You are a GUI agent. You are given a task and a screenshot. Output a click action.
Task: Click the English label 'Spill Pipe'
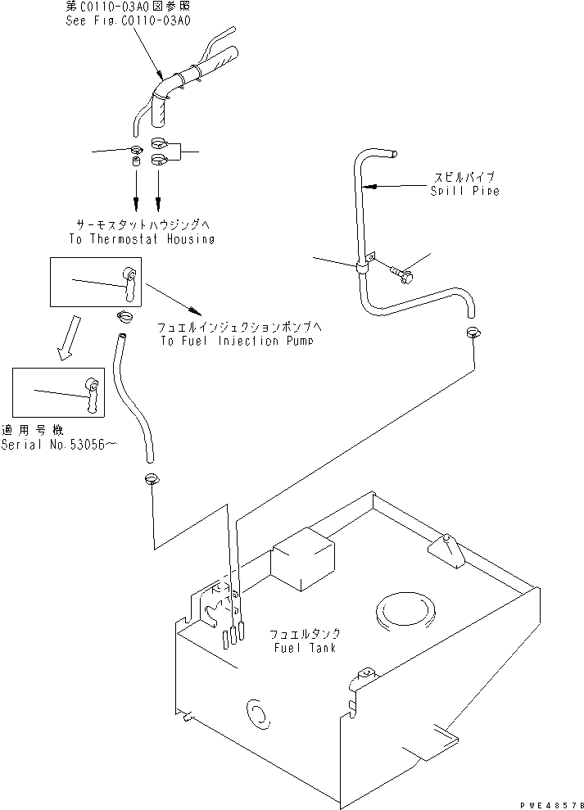464,192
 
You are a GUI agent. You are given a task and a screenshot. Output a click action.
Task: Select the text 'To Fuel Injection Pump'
237,341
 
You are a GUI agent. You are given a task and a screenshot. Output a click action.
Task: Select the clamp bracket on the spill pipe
363,262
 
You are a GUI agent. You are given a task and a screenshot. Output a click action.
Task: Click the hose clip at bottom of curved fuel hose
152,480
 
